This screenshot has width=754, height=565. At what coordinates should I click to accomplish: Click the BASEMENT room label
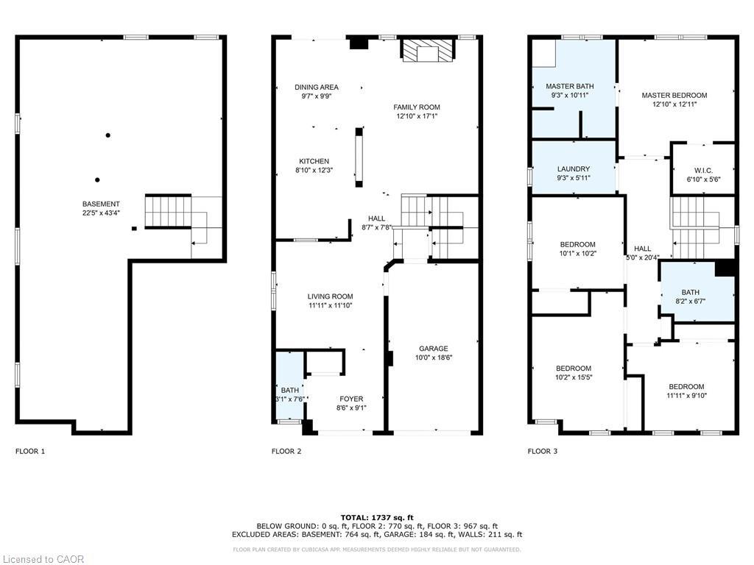pyautogui.click(x=102, y=204)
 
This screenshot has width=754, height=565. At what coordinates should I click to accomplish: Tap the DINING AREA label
pyautogui.click(x=317, y=87)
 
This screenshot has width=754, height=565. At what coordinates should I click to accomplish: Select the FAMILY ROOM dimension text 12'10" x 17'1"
pyautogui.click(x=417, y=116)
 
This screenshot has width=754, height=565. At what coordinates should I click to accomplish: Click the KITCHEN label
pyautogui.click(x=314, y=161)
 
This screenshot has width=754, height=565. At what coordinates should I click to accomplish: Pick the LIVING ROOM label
pyautogui.click(x=330, y=296)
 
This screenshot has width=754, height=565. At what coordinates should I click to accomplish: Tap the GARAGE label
pyautogui.click(x=433, y=349)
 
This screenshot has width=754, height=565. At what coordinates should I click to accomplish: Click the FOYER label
pyautogui.click(x=351, y=399)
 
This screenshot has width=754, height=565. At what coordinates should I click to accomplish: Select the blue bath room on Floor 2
pyautogui.click(x=289, y=386)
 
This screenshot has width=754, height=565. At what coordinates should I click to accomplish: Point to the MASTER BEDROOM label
pyautogui.click(x=674, y=95)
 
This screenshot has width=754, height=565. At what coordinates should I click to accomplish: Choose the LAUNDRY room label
pyautogui.click(x=574, y=168)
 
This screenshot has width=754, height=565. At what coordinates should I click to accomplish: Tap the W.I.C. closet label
pyautogui.click(x=702, y=170)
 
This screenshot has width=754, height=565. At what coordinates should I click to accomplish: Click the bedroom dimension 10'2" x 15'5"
pyautogui.click(x=573, y=377)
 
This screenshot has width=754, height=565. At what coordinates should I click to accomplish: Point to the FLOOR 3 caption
pyautogui.click(x=542, y=451)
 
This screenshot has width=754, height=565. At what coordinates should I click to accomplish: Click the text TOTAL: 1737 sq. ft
pyautogui.click(x=377, y=517)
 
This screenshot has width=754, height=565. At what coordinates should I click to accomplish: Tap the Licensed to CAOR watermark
pyautogui.click(x=43, y=559)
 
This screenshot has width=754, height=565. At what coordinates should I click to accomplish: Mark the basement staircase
pyautogui.click(x=168, y=212)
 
